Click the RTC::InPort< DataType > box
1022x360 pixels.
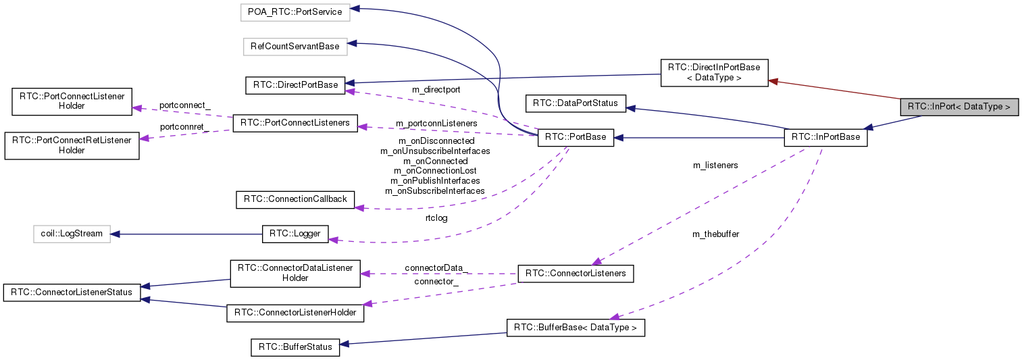[959, 107]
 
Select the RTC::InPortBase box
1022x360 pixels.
[825, 137]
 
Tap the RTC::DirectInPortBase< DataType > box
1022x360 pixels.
[713, 72]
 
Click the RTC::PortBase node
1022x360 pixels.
[575, 138]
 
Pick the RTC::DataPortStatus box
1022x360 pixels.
[576, 103]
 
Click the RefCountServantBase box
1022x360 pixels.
[295, 46]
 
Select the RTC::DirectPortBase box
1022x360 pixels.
[295, 84]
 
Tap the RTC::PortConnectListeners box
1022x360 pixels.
[295, 123]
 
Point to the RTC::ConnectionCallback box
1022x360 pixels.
[295, 199]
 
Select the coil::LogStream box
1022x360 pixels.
[72, 234]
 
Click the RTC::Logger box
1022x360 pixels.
[295, 234]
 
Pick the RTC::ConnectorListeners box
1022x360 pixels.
[575, 274]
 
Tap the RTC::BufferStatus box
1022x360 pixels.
[295, 347]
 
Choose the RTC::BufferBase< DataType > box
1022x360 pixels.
[575, 328]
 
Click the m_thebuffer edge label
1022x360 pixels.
[715, 234]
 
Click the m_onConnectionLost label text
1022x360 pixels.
[434, 171]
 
